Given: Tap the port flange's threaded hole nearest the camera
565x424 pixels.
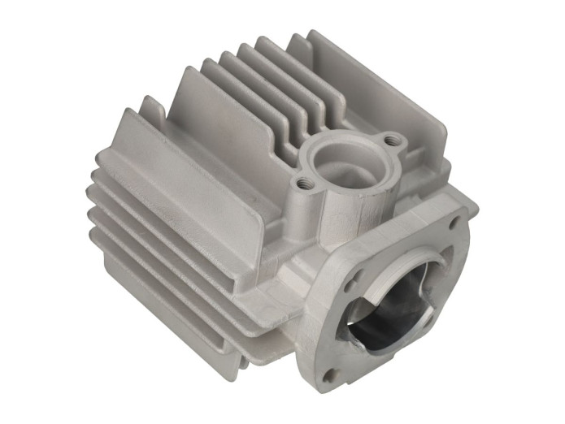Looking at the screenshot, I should tap(303, 184).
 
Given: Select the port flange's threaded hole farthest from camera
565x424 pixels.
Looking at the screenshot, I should tap(393, 141).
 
